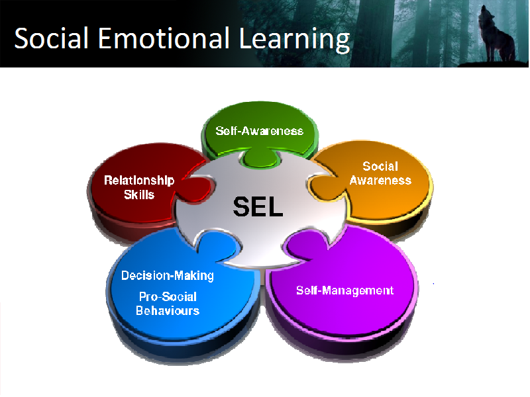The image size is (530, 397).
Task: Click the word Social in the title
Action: click(52, 38)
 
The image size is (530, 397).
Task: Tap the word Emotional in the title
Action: click(164, 38)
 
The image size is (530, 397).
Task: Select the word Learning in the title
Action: click(294, 40)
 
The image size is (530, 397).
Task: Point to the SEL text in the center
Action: click(258, 206)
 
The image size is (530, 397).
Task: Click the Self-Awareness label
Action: click(259, 130)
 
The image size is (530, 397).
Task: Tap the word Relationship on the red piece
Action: click(139, 180)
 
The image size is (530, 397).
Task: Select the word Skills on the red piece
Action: click(139, 195)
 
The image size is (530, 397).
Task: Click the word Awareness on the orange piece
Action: click(380, 180)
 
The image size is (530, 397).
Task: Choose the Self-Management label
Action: click(344, 290)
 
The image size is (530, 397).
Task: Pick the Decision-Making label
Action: click(168, 275)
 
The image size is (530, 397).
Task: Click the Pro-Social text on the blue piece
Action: click(168, 296)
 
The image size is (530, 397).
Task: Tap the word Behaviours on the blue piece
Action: click(168, 310)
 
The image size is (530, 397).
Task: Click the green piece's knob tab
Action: click(260, 157)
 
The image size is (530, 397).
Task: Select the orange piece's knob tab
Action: click(323, 187)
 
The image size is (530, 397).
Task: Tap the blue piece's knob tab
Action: click(217, 245)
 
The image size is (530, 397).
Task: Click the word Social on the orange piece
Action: click(380, 166)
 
